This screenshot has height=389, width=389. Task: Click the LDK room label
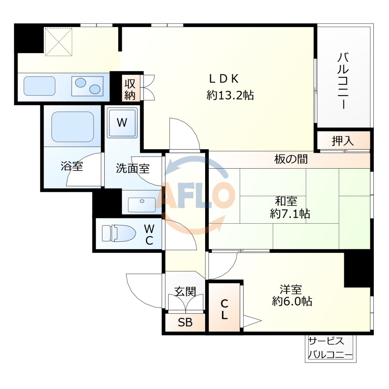[224, 79]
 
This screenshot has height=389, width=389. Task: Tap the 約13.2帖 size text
[230, 95]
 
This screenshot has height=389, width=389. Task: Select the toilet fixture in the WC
[119, 233]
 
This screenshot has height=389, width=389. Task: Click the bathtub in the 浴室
[73, 127]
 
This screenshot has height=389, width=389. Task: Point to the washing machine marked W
[122, 123]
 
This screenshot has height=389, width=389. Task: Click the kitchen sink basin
[40, 86]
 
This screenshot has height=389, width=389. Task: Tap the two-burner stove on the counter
[87, 86]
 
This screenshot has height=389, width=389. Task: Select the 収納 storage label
[130, 90]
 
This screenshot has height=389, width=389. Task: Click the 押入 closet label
[343, 141]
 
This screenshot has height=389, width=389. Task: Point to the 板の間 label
[291, 159]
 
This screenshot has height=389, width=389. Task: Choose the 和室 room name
[286, 201]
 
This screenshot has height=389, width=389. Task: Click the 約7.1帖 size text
[290, 213]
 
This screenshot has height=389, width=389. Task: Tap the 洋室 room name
[291, 289]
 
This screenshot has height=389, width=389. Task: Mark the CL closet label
[224, 309]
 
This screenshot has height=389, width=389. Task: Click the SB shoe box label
[185, 322]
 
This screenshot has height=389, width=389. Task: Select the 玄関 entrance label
[185, 291]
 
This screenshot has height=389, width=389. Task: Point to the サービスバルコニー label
[330, 348]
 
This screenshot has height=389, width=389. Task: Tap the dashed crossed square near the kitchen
[59, 42]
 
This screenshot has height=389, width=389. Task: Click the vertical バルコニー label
[343, 81]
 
